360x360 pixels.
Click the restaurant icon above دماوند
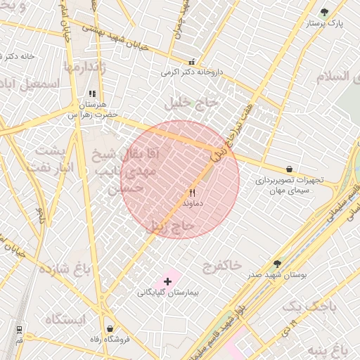coord(191,192)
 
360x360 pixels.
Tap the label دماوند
coord(192,202)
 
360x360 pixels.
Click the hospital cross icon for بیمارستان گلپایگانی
coord(167,281)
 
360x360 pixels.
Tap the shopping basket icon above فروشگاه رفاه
coord(110,328)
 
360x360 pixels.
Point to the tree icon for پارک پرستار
coord(324,12)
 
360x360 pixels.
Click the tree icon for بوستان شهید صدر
coord(277,263)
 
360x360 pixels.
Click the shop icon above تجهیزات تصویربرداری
coord(289,169)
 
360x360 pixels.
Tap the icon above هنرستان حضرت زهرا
coord(91,94)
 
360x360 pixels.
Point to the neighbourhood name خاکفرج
coord(221,265)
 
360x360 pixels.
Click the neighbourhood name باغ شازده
coord(65,270)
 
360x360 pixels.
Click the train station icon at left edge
coord(18,329)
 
